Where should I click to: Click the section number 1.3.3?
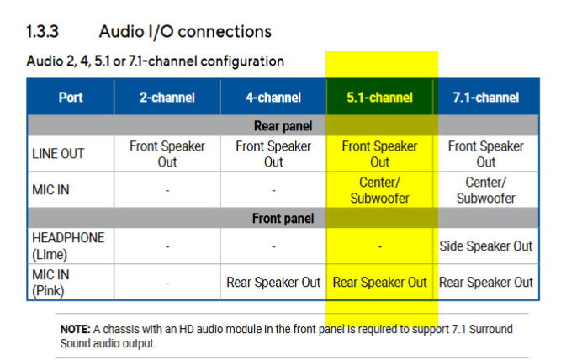tap(42, 31)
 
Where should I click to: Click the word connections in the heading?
tap(225, 31)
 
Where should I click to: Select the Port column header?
tap(71, 98)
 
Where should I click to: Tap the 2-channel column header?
tap(167, 98)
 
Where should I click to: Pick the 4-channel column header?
tap(273, 98)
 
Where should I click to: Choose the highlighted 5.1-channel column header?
tap(379, 98)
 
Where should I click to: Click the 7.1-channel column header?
tap(486, 98)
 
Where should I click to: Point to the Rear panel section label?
tap(283, 126)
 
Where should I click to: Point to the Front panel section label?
tap(283, 219)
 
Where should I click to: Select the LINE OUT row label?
tap(58, 154)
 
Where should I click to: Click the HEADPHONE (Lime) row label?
tap(68, 246)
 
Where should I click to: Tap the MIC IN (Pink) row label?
tap(50, 283)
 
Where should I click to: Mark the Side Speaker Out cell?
tap(486, 246)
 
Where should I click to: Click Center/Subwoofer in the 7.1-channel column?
tap(486, 190)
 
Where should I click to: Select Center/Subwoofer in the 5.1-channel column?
tap(379, 190)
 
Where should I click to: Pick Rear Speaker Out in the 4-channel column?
tap(273, 283)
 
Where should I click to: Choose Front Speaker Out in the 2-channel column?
tap(167, 154)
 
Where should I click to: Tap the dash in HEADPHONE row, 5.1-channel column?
tap(380, 247)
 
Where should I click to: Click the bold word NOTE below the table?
tap(75, 329)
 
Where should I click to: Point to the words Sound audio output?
tap(108, 343)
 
